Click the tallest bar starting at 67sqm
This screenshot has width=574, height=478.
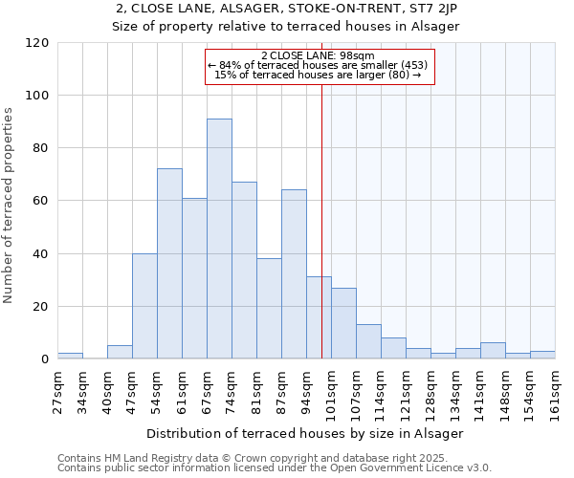(x=219, y=239)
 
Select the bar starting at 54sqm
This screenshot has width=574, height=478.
(x=169, y=264)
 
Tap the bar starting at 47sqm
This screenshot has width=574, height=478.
(x=144, y=306)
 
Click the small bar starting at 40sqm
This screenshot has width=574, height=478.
(x=120, y=352)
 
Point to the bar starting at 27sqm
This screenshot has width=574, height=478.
(x=70, y=356)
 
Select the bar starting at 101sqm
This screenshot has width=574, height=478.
(x=343, y=323)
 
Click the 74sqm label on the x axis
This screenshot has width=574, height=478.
(x=244, y=390)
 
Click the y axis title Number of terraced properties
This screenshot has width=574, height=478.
(x=9, y=205)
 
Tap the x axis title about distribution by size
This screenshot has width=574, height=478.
(x=306, y=433)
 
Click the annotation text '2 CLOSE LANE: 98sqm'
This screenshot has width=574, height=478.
(x=318, y=56)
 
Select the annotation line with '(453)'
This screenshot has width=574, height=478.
(x=318, y=65)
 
